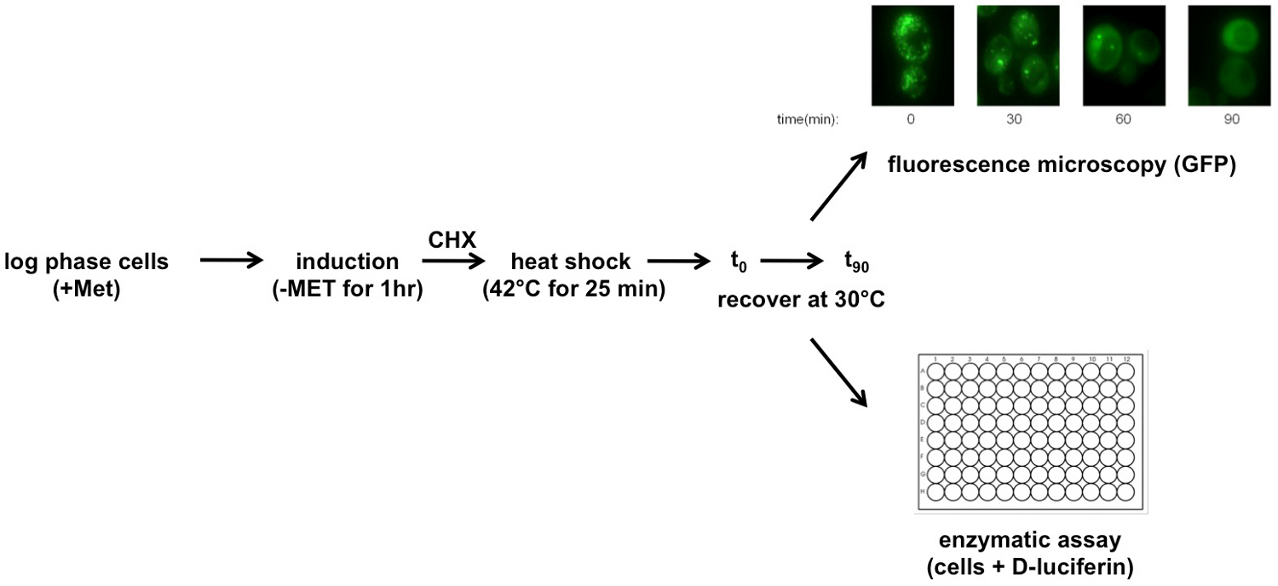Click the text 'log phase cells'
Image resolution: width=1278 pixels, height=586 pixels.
(86, 262)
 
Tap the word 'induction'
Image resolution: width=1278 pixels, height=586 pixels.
(348, 262)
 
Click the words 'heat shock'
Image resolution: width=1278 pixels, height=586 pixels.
(571, 262)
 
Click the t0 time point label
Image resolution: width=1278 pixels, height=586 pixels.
(738, 263)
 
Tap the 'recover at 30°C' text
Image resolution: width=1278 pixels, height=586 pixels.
(800, 300)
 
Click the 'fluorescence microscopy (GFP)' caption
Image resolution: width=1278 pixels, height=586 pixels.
(1061, 165)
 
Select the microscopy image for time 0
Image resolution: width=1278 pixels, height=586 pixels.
(911, 55)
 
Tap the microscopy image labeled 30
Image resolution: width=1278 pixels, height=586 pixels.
(1016, 55)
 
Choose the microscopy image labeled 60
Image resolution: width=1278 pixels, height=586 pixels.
(1123, 55)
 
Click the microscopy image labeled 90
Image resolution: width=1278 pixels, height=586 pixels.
(1229, 55)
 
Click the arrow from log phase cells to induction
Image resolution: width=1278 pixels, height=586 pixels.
(232, 262)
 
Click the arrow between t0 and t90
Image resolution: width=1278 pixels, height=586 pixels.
(792, 262)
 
